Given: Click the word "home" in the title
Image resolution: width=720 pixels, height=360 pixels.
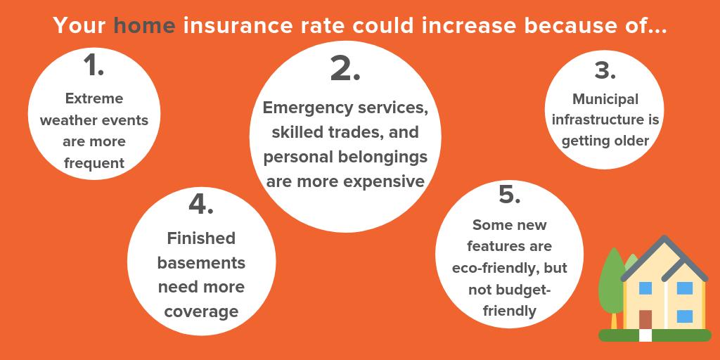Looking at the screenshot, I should [x=144, y=27].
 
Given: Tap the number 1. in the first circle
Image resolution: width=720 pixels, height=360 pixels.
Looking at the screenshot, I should [x=94, y=65].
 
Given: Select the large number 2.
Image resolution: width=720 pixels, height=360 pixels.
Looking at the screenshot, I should [x=345, y=68].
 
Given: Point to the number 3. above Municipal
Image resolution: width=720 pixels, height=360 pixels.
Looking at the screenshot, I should [x=605, y=71].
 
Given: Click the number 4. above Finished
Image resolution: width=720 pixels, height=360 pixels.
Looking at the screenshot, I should [x=200, y=203].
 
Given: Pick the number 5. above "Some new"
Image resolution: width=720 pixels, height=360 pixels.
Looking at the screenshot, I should [x=509, y=195].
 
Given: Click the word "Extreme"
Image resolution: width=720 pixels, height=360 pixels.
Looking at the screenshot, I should [x=94, y=98].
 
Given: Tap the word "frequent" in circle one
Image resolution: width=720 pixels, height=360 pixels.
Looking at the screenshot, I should [x=94, y=163].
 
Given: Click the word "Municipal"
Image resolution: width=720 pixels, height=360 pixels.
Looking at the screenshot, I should [x=605, y=99].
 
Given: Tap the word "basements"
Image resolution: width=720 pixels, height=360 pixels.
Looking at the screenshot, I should [x=201, y=263].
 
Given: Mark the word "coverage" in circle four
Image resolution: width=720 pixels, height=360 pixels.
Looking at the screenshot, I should [x=201, y=311].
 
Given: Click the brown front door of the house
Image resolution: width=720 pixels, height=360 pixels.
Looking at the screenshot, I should [x=645, y=319].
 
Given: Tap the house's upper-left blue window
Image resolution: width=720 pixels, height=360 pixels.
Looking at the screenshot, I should [x=645, y=288].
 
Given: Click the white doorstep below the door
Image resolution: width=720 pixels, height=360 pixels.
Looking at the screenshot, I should [x=645, y=335].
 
